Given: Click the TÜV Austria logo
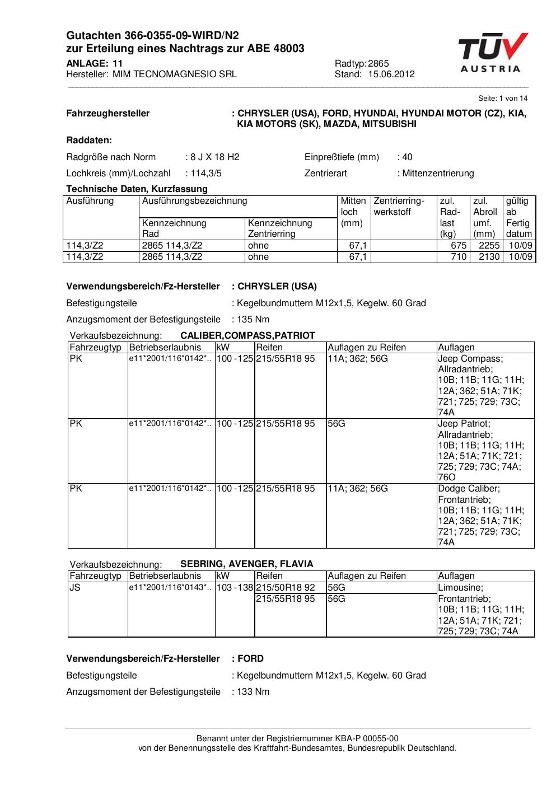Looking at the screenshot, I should click(492, 53).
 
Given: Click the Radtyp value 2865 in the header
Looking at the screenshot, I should click(379, 64).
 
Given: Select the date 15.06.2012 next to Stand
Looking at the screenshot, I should click(391, 74).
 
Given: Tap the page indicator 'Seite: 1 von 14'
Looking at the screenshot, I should click(503, 99).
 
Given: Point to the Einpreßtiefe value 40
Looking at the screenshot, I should click(407, 157).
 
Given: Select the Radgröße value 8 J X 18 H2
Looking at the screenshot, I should click(215, 157).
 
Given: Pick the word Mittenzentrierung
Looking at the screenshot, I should click(438, 174).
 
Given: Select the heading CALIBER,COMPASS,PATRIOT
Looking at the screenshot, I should click(247, 336).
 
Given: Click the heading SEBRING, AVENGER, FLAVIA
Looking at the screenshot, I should click(246, 564).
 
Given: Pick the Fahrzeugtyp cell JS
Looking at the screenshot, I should click(75, 588).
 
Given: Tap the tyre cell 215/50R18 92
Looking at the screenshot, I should click(286, 588).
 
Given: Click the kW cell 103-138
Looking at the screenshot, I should click(235, 588).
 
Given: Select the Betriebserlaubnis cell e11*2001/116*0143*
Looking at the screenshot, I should click(170, 588).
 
